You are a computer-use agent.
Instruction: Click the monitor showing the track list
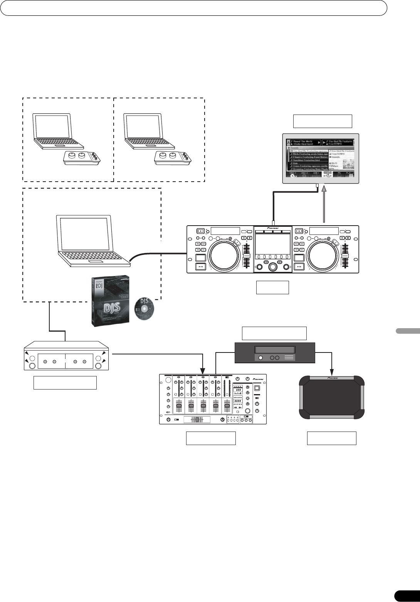321,158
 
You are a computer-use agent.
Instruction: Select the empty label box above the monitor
323,121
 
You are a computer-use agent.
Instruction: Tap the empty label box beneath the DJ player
273,288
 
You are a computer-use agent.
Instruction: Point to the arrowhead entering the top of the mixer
203,372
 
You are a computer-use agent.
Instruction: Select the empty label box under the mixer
211,438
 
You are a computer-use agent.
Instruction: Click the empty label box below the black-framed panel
331,438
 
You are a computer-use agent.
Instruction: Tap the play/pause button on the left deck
200,266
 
